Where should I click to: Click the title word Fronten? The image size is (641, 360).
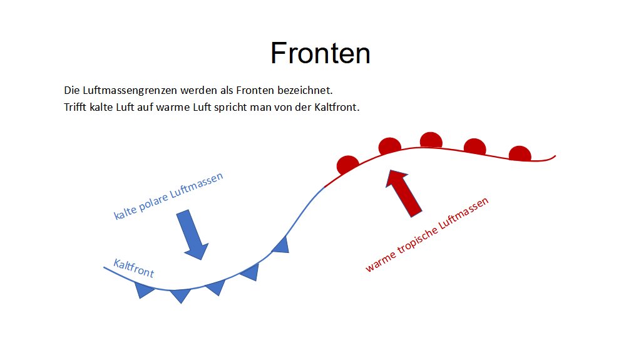coord(320,53)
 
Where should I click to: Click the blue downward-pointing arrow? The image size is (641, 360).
coord(193,235)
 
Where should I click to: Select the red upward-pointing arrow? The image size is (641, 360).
coord(403,193)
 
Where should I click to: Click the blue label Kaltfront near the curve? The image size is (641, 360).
coord(134,269)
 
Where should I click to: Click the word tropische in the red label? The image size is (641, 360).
coord(417,240)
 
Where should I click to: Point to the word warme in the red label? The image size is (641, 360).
coord(381,262)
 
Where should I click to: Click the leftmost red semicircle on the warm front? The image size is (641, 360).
coord(347,165)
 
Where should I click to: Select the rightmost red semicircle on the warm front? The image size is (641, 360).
coord(520,153)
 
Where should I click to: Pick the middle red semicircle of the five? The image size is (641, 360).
coord(431,140)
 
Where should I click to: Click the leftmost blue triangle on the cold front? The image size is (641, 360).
coord(143,290)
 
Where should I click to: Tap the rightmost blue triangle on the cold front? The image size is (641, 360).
coord(281,245)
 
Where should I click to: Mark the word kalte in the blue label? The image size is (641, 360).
coord(125,212)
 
